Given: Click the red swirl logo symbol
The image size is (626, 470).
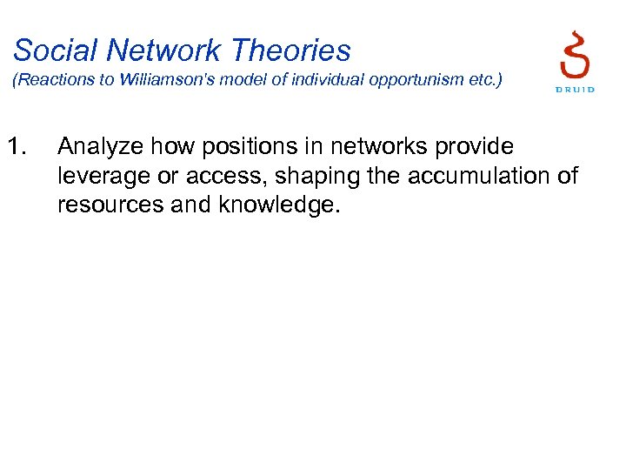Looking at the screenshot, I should pos(575,55).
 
